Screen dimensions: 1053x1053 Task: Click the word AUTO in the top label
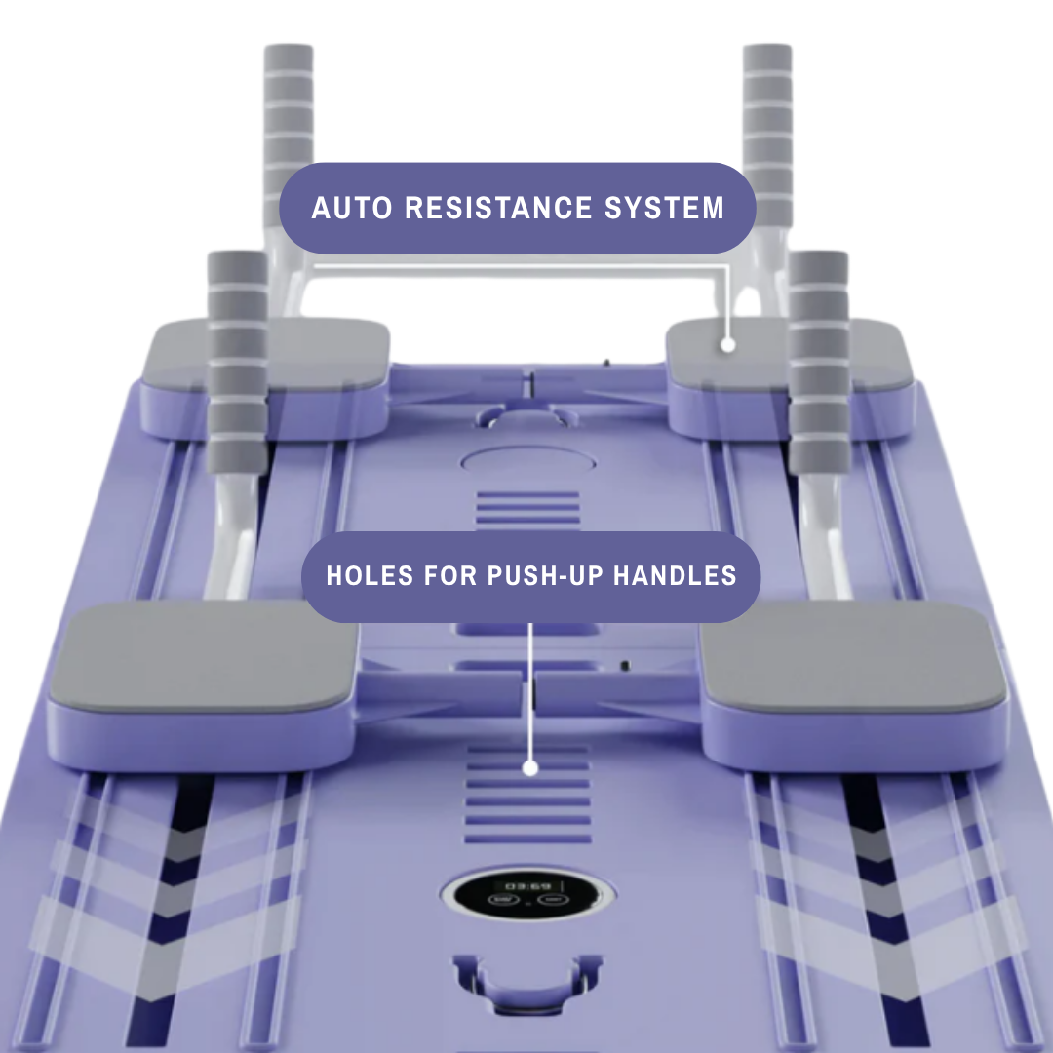coord(352,208)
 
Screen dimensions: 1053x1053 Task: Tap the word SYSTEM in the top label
coord(664,208)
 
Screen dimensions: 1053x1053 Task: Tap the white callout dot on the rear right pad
coord(727,345)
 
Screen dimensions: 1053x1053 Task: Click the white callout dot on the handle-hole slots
coord(530,768)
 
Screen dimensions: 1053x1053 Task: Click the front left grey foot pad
coord(203,655)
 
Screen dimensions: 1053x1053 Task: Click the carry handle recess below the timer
coord(527,982)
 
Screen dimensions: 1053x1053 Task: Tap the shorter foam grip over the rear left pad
coord(237,363)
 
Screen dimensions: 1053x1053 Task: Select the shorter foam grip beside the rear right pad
coord(818,363)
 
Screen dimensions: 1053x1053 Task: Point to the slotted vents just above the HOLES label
coord(527,510)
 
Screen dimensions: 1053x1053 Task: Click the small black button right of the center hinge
coord(625,666)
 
